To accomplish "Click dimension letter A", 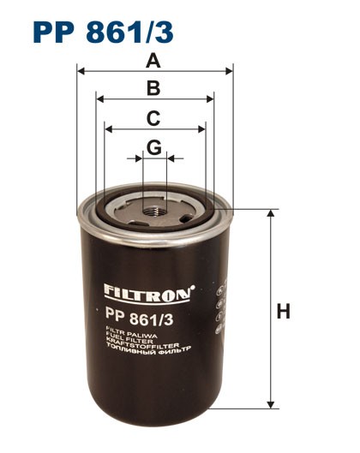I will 154,60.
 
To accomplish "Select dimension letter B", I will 154,87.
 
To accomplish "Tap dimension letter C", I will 154,117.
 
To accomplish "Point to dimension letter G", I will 154,147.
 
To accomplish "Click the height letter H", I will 284,310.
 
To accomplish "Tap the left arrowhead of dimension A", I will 81,71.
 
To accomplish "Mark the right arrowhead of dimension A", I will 230,71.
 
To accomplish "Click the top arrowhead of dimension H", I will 271,211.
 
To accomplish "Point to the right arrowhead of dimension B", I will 211,99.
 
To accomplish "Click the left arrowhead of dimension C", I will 108,129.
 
